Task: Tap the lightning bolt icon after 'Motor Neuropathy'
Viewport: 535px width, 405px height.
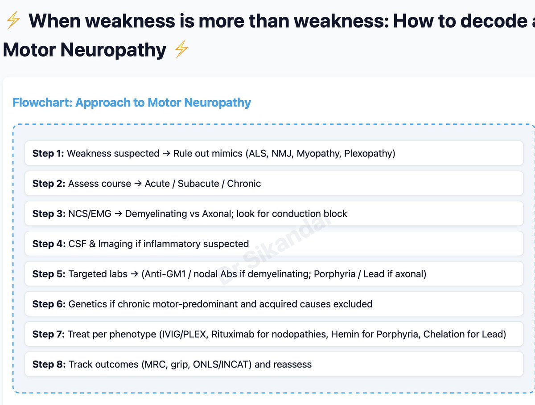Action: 181,50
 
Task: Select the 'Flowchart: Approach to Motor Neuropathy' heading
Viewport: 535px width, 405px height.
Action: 132,103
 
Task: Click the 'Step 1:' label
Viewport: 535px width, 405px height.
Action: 48,154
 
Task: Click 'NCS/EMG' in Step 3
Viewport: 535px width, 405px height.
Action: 89,214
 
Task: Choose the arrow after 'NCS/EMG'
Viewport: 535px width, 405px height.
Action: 118,214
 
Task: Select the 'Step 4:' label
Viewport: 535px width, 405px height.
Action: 49,244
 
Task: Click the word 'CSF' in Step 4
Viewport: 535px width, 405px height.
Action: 77,244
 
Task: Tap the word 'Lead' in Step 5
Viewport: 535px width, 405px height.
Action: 373,274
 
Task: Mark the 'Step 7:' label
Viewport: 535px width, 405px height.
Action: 48,334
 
